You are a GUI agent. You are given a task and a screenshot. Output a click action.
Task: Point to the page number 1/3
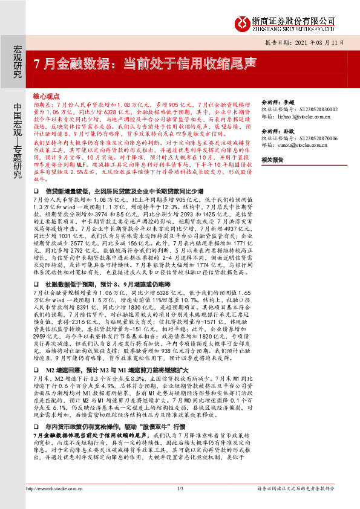180,488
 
